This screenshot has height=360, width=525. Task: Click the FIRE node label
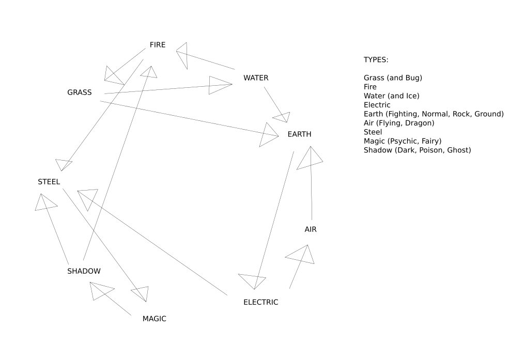pos(158,45)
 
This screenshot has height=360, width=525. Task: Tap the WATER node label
pos(256,78)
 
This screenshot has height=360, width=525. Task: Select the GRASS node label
pos(79,92)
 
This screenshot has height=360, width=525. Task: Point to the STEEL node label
pos(49,182)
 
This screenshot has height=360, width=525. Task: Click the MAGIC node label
pos(154,319)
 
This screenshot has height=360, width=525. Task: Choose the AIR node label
pos(311,229)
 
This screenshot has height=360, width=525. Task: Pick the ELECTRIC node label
pos(260,302)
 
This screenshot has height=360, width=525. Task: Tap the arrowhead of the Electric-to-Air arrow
pos(303,255)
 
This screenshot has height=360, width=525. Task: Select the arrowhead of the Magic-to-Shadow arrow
pos(100,291)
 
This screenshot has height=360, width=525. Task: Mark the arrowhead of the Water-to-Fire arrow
pos(182,54)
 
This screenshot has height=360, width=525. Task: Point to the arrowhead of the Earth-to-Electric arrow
pos(253,281)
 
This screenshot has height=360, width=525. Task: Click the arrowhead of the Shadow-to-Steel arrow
pos(44,202)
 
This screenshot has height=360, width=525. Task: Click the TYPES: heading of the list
pos(376,60)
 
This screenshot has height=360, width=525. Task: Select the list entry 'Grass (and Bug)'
pos(393,78)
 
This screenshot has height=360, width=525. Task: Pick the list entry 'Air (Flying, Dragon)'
pos(398,123)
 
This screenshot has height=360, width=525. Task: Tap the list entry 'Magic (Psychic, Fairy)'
pos(403,141)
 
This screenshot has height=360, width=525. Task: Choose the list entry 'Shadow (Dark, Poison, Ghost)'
pos(417,150)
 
